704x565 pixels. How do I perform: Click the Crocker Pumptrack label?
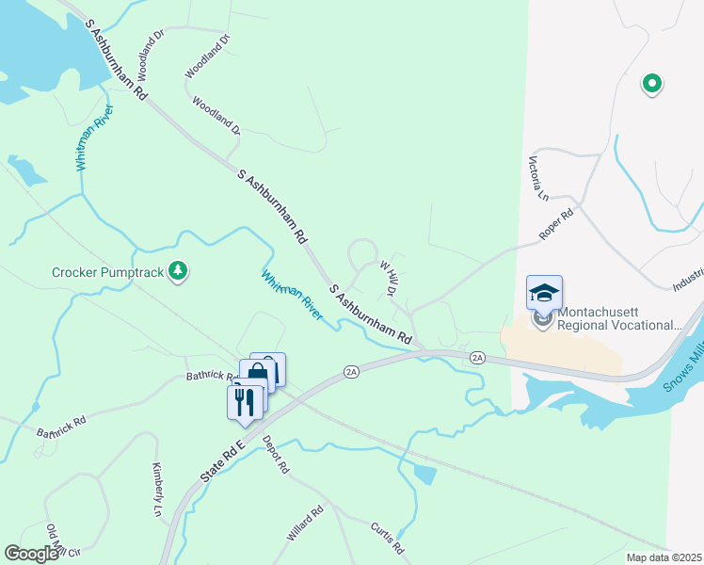tap(108, 273)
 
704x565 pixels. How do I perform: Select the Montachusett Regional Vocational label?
tap(616, 318)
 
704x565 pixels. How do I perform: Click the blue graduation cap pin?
tap(544, 293)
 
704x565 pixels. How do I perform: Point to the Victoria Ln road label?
tap(539, 178)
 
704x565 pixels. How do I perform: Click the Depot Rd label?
tap(277, 455)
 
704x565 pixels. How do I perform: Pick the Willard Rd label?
tap(305, 524)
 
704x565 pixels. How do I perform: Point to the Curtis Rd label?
tap(387, 539)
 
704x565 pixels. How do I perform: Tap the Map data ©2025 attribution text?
tap(663, 557)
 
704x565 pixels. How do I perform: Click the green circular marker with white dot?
tap(651, 85)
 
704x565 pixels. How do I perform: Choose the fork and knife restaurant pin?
tap(244, 402)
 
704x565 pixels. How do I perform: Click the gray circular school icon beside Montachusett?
tap(543, 319)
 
